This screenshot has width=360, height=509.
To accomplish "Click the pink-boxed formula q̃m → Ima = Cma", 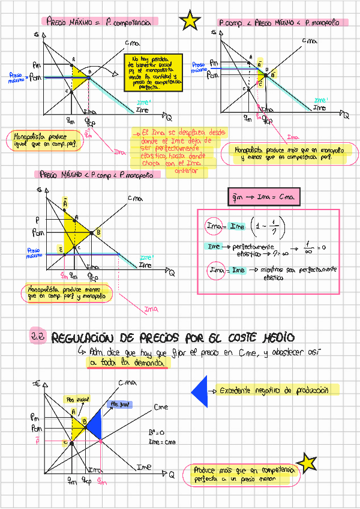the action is [266, 197].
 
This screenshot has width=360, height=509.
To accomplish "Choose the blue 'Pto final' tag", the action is [119, 405].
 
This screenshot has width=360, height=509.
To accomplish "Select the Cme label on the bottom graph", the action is [161, 408].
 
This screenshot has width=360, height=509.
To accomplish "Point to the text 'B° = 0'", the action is [157, 432].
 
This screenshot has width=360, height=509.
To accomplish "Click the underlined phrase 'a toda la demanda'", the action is [128, 363].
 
